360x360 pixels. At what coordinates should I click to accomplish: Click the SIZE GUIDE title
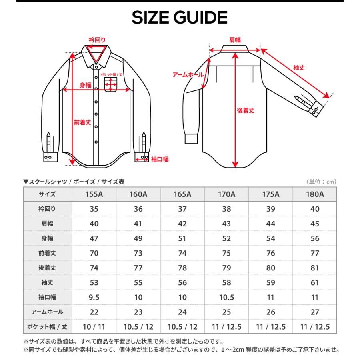[180, 18]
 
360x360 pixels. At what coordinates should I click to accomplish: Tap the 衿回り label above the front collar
[97, 40]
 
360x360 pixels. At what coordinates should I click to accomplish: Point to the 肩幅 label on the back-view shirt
[235, 40]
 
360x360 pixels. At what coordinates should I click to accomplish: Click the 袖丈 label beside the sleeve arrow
[299, 68]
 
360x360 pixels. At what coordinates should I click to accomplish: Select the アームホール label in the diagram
[188, 75]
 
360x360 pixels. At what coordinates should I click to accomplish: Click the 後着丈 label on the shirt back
[245, 110]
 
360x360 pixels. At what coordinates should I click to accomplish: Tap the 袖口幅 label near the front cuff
[160, 159]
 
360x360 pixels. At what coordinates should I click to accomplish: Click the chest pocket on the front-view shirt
[111, 85]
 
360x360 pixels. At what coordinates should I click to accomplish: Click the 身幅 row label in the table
[47, 238]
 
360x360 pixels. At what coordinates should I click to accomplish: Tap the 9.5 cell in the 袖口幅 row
[94, 297]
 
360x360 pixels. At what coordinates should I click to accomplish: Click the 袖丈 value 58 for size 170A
[226, 282]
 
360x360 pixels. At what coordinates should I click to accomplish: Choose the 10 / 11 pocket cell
[94, 327]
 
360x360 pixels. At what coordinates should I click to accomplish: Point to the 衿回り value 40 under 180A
[314, 209]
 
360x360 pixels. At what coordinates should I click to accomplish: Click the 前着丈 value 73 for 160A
[138, 253]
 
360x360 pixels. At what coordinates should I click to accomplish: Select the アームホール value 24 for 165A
[182, 312]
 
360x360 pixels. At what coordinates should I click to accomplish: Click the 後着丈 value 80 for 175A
[270, 268]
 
